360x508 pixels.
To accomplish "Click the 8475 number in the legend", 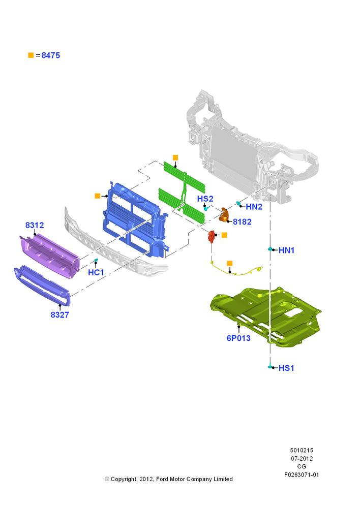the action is coord(51,55).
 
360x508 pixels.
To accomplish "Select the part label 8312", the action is coord(35,225).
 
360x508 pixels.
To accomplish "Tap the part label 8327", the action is coord(59,314).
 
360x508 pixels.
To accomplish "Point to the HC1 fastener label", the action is coord(96,272).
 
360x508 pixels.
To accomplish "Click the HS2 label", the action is coord(205,199).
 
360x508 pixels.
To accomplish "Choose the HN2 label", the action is coord(254,207).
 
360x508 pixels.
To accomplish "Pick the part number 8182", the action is coord(242,221).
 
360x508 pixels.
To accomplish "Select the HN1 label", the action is coord(286,250).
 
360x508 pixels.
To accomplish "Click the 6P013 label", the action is coord(238,338).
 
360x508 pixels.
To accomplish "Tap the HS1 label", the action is coord(286,368).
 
